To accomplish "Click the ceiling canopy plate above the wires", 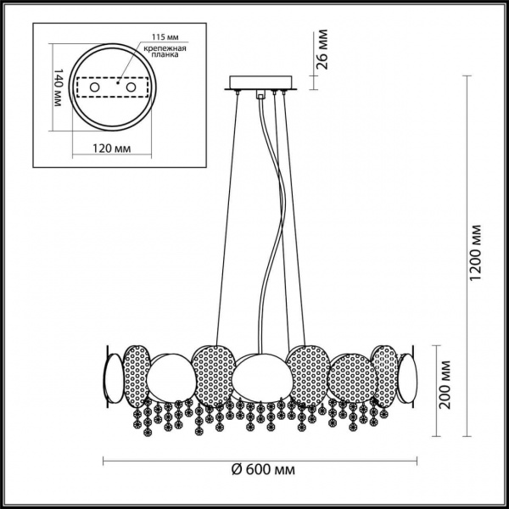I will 260,87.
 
